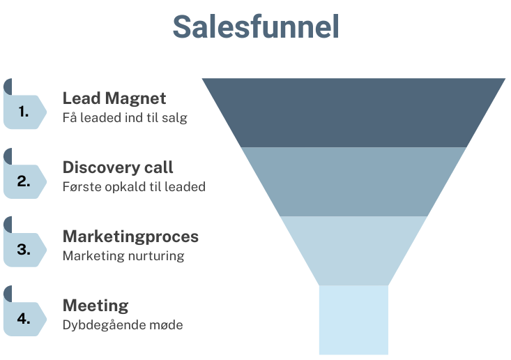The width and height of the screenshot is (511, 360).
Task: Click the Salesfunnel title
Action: [x=255, y=27]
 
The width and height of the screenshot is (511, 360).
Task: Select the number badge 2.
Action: [x=24, y=181]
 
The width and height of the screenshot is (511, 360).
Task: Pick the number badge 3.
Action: [x=24, y=249]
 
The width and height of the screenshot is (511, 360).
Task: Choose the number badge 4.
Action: [x=24, y=318]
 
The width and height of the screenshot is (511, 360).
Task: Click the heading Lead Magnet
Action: [x=114, y=98]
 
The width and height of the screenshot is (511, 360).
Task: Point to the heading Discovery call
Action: [x=118, y=167]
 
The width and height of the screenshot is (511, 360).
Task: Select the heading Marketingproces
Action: [x=130, y=236]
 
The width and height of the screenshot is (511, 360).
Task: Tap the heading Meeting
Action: [x=96, y=305]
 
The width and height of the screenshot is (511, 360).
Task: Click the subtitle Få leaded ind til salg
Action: [x=125, y=117]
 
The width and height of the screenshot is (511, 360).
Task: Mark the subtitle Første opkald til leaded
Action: [x=134, y=186]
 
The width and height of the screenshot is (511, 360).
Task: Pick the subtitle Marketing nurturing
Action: [x=123, y=255]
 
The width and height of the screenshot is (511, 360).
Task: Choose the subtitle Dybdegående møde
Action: [x=123, y=324]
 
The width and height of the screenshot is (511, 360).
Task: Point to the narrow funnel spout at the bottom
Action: [x=353, y=320]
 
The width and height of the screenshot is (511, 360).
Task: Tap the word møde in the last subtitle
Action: [x=168, y=324]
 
